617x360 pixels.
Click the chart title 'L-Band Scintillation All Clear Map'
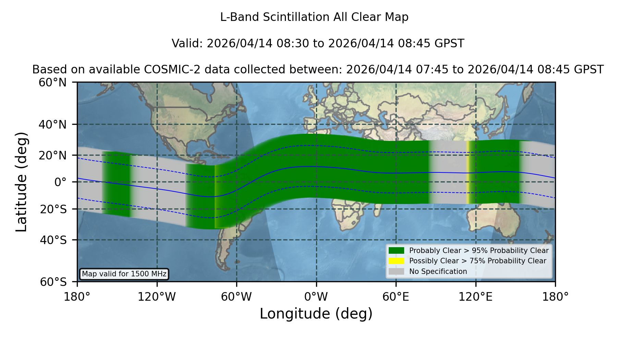tap(314, 17)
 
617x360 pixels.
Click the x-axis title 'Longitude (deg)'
tap(316, 314)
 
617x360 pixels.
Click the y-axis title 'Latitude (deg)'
tap(22, 182)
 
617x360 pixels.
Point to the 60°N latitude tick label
tap(53, 83)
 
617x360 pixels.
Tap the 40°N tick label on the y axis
tap(53, 124)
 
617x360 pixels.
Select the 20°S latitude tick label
tap(53, 209)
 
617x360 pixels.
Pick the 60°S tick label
tap(53, 282)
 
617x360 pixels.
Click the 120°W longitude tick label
tap(157, 297)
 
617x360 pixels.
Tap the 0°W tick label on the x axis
tap(316, 297)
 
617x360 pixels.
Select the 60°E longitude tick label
tap(396, 297)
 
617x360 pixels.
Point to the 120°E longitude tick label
tap(476, 297)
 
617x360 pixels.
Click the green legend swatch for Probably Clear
tap(397, 250)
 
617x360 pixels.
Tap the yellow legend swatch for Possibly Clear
tap(397, 261)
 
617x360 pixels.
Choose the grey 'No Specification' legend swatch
tap(397, 272)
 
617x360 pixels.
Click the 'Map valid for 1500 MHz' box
tap(124, 274)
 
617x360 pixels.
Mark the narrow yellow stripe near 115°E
tap(468, 172)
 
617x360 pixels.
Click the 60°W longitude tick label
tap(237, 297)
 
